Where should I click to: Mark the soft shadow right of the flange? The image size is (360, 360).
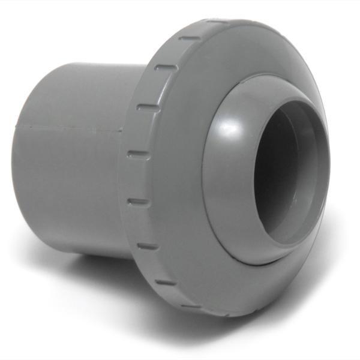click(336, 252)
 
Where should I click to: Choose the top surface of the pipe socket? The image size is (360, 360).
click(84, 78)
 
